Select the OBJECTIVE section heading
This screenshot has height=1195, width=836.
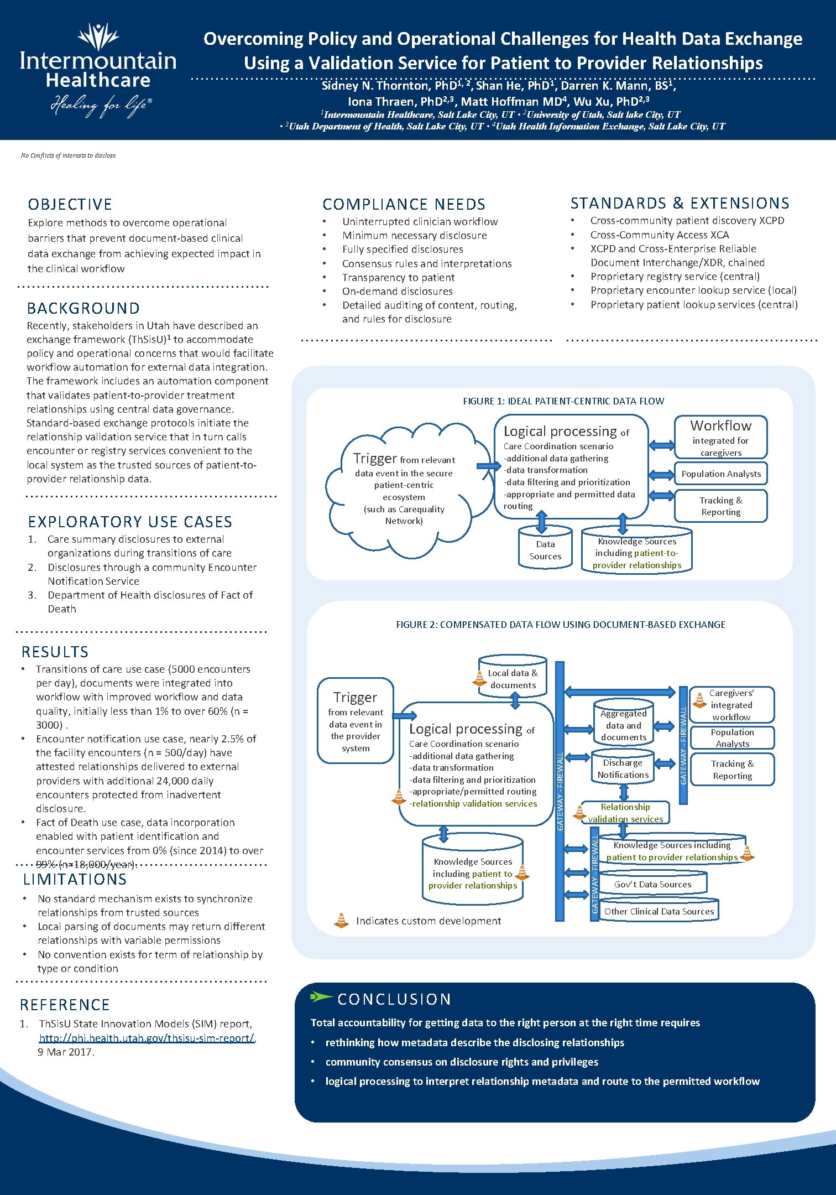pos(70,204)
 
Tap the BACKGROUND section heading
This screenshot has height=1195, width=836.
pos(83,308)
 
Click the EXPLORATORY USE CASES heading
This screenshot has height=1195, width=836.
pos(130,522)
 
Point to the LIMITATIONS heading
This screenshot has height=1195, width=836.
pos(75,879)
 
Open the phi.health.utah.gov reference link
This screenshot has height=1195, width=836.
pos(147,1038)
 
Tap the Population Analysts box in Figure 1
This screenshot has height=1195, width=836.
pos(720,474)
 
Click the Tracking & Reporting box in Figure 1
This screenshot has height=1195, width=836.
pos(720,506)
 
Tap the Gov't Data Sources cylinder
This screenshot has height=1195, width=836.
pos(652,884)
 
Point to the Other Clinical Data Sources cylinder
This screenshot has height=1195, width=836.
pos(659,911)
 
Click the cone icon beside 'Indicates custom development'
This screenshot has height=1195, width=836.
pos(342,920)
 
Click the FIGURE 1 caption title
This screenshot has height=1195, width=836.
pos(563,401)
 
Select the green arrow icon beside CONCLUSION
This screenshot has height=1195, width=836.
pos(321,997)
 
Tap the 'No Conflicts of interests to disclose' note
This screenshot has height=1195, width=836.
pos(68,155)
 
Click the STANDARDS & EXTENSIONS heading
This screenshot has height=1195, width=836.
pos(680,203)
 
